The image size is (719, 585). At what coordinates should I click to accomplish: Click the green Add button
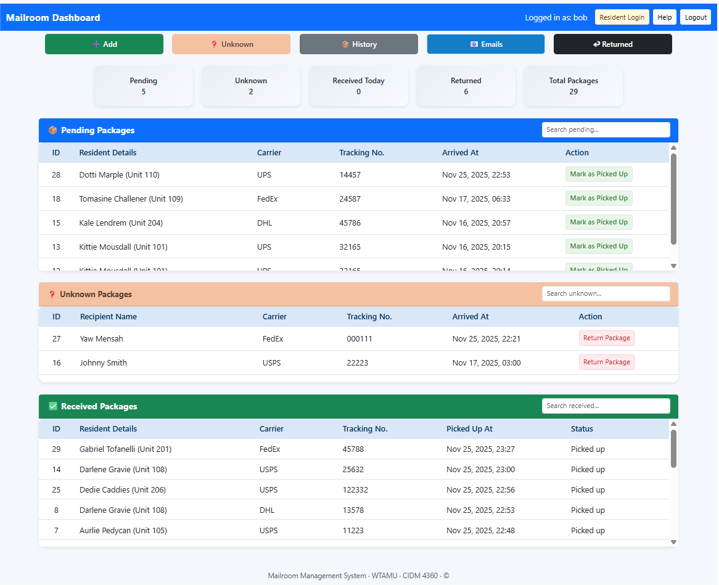point(104,44)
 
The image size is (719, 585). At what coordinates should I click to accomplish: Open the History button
point(358,44)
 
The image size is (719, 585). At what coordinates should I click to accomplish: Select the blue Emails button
point(486,44)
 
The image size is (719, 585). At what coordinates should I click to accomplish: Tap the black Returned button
point(613,44)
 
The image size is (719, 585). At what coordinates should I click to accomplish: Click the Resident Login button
point(622,17)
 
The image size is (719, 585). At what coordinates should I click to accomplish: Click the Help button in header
point(664,17)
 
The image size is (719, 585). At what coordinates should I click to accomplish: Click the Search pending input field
point(606,129)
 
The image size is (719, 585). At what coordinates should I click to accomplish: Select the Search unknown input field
point(606,293)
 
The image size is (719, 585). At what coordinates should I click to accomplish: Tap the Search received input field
point(606,406)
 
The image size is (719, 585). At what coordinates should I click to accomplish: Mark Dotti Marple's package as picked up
point(599,174)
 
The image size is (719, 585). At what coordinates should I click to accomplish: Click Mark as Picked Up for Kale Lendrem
point(599,223)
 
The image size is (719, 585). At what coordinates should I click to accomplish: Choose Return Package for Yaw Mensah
point(606,338)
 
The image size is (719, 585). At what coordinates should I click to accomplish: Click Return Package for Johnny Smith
point(606,362)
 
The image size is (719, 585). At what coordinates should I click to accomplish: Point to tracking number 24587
point(350,199)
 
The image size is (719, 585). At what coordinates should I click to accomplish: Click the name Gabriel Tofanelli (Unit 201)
point(125,449)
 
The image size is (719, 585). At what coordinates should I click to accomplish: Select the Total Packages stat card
point(573,86)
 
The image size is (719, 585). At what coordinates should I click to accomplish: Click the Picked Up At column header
point(469,429)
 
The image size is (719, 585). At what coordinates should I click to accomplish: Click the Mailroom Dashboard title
point(53,18)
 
